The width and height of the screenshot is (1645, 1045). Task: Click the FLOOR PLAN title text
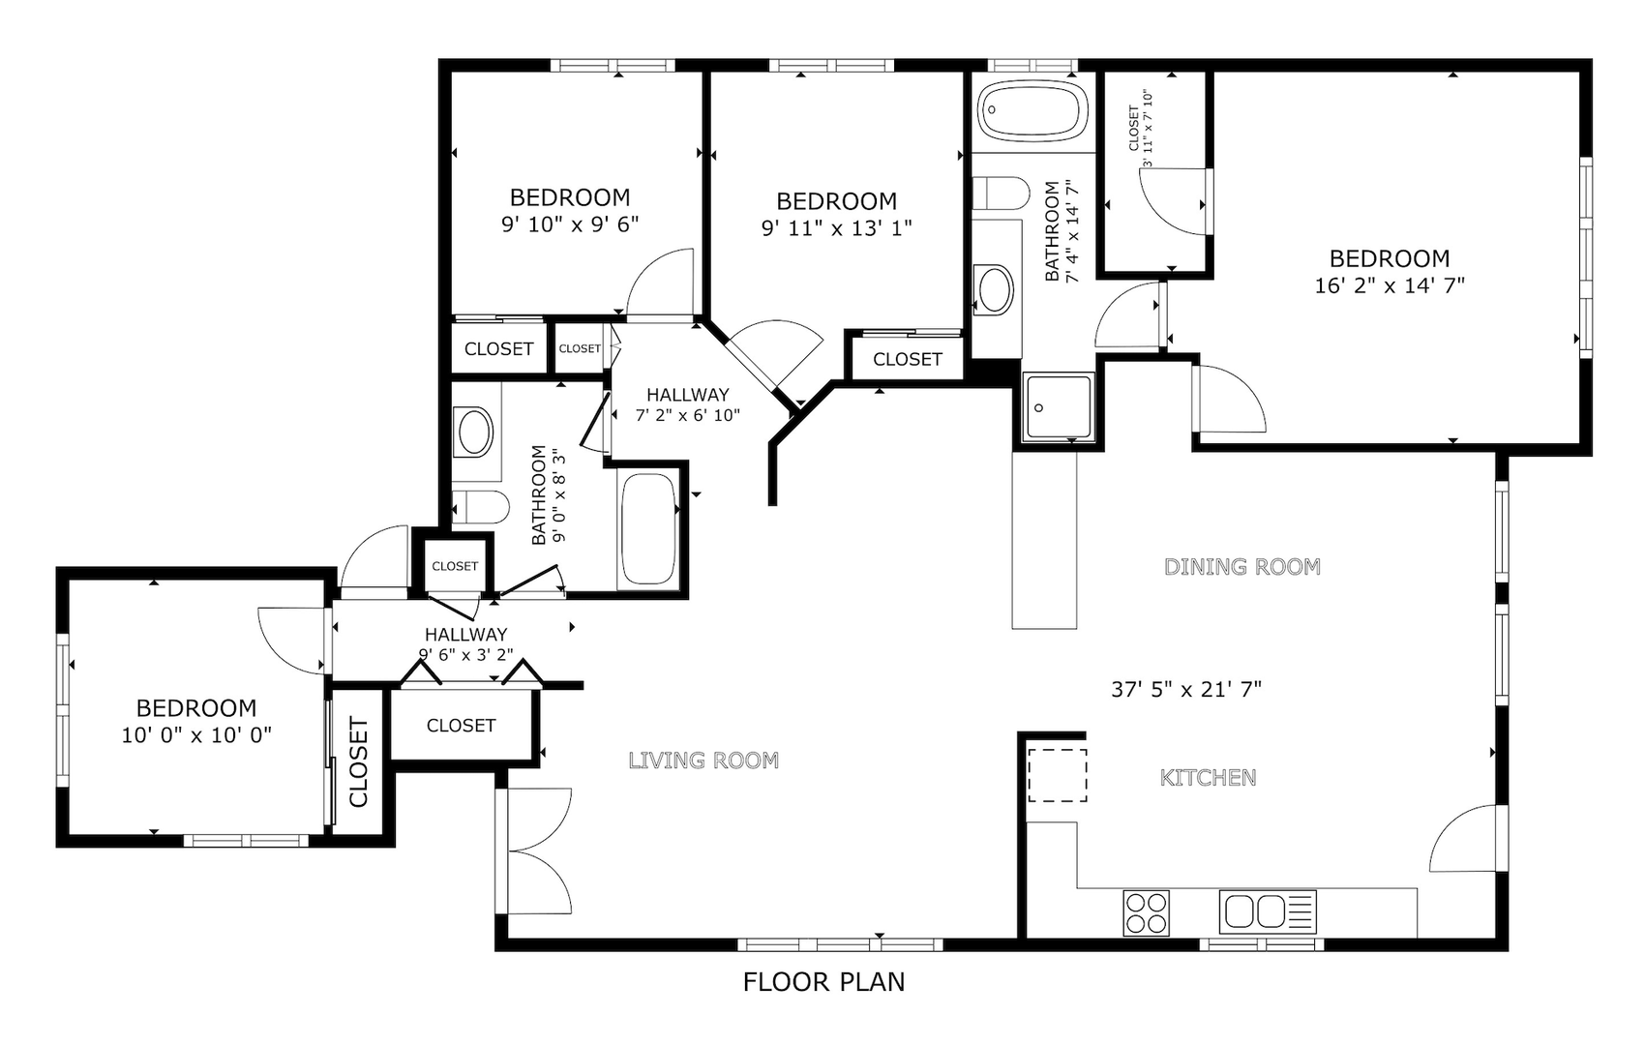pos(824,982)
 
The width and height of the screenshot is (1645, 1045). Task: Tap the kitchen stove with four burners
pos(1146,912)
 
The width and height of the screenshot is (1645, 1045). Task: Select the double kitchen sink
pos(1268,911)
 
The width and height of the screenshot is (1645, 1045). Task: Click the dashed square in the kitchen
pos(1057,775)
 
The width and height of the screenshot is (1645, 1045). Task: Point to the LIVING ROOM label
pos(703,761)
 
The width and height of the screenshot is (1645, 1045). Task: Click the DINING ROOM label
pos(1242,566)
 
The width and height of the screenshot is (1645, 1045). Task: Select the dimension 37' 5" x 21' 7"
pos(1186,689)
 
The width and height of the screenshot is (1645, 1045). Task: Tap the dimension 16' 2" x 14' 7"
pos(1390,284)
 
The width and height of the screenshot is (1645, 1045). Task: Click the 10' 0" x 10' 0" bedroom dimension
pos(196,734)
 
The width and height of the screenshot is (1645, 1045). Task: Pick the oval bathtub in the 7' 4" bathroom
pos(1033,111)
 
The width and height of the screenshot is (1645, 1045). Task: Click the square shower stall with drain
pos(1060,407)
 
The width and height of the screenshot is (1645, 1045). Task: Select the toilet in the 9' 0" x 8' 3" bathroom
pos(480,507)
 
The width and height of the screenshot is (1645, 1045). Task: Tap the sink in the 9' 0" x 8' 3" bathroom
pos(474,433)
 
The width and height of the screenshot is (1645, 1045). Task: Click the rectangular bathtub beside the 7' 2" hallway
pos(648,528)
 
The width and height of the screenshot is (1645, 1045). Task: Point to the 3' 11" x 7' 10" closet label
pos(1141,129)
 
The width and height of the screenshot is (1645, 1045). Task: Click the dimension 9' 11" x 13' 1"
pos(836,227)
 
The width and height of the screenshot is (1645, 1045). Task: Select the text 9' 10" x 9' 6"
pos(570,224)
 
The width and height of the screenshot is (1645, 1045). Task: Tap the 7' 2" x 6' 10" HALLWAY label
pos(687,405)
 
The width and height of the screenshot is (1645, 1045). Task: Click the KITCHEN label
pos(1208,777)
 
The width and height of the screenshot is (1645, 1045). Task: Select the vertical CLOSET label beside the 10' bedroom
pos(358,761)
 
